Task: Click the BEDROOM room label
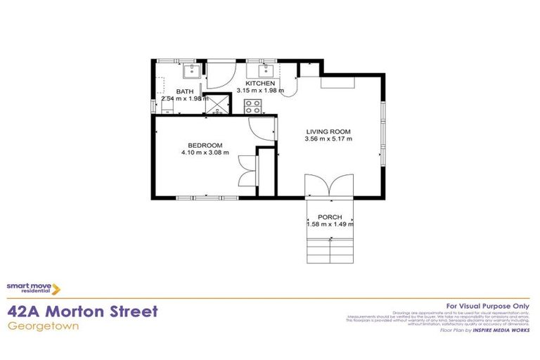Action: coord(205,146)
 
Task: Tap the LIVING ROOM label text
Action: coord(328,131)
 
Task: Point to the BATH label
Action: coord(185,91)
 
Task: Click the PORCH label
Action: coord(330,217)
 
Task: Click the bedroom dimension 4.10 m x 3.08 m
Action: coord(205,153)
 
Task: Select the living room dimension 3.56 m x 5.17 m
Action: coord(328,139)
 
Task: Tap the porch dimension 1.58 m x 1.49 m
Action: coord(330,224)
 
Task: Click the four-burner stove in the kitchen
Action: coord(252,106)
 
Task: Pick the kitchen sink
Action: coord(266,70)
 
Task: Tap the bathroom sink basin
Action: coord(191,70)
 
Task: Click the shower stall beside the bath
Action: coord(219,105)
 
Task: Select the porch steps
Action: coord(330,250)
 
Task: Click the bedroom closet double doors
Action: coord(245,170)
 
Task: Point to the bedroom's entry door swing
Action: coord(261,127)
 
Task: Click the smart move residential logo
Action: coord(33,288)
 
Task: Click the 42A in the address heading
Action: coord(26,311)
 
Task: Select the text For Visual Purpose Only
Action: coord(488,305)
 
